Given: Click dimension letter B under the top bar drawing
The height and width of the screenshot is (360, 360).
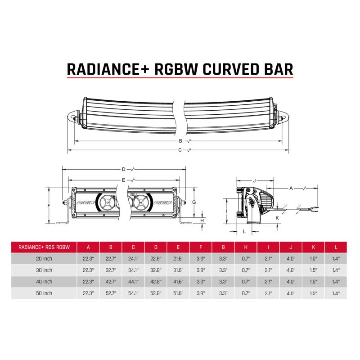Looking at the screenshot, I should pos(180,141).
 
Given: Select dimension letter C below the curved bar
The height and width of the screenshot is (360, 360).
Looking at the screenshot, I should pos(180,150).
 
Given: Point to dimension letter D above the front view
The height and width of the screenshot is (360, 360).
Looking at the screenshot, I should pos(123,170).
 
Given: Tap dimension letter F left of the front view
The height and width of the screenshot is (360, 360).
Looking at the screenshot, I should pos(48,205).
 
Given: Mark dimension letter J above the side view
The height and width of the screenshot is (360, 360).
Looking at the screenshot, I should pos(254,180).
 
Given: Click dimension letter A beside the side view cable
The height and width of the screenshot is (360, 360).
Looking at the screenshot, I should pos(291,187).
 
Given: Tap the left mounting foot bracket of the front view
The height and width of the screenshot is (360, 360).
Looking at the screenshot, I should pos(66,220).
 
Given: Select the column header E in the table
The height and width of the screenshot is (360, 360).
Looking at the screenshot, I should pos(179,247).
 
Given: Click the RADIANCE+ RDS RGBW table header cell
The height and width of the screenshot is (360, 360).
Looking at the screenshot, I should pos(44,247).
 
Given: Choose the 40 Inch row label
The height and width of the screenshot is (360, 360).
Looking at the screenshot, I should pos(44,282).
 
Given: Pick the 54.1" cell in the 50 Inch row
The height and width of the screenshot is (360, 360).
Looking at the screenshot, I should pos(134,293).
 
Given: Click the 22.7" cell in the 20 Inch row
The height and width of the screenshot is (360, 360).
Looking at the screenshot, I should pos(111,258).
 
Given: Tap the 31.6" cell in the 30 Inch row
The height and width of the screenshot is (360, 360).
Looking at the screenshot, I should pos(179,270).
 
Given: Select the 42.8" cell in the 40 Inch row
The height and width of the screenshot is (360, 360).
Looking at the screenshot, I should pos(156,282).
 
